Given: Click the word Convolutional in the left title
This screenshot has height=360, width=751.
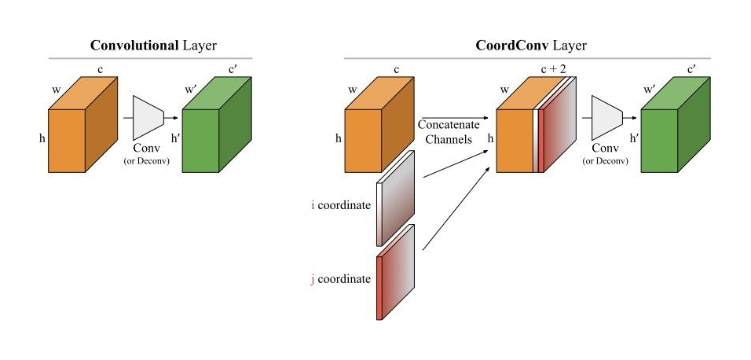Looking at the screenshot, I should pyautogui.click(x=126, y=46).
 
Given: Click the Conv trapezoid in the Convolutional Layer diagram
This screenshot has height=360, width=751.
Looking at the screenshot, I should pyautogui.click(x=148, y=115).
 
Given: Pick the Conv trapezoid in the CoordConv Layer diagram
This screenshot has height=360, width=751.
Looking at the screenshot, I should pyautogui.click(x=606, y=116).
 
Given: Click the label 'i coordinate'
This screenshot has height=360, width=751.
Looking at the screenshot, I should pyautogui.click(x=341, y=205).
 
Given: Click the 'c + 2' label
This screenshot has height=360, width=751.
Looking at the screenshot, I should pyautogui.click(x=553, y=69).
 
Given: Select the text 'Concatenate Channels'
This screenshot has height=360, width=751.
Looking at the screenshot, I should pyautogui.click(x=445, y=132).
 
